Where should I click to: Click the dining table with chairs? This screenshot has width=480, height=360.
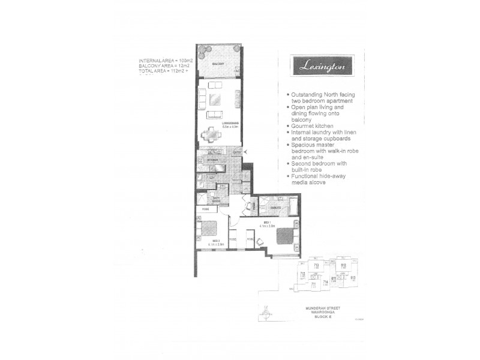(x=215, y=133)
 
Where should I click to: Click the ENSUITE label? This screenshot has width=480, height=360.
(x=275, y=207)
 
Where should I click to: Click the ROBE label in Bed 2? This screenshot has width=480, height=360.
(x=205, y=211)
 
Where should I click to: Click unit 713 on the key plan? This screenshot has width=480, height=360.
(x=316, y=265)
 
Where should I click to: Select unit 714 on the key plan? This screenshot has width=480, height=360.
(x=326, y=281)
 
